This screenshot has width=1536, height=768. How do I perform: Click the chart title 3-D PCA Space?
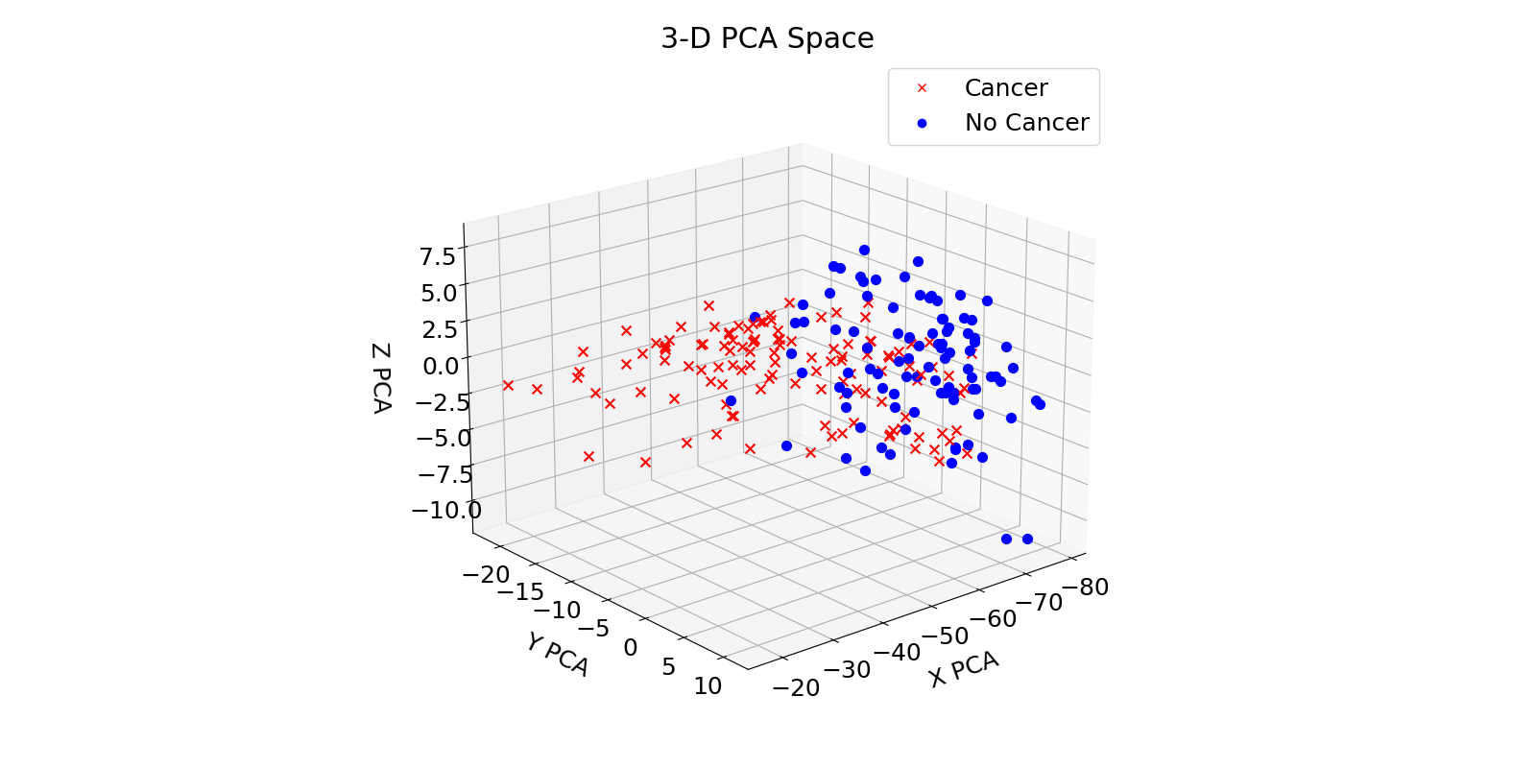(767, 38)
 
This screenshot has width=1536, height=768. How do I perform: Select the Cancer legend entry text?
(1005, 87)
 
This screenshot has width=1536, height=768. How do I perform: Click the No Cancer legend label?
(1026, 123)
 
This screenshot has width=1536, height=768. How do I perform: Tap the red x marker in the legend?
(922, 88)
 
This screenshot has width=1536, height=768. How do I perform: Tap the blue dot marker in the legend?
(922, 123)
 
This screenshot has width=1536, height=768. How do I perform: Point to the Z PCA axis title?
(380, 378)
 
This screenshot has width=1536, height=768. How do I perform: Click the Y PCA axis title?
(557, 654)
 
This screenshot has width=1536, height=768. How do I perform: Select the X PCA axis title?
(963, 669)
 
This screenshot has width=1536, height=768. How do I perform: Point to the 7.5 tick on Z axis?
(437, 255)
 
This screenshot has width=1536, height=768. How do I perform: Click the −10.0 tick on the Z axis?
(446, 510)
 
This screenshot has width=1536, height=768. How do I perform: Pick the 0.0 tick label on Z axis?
(441, 365)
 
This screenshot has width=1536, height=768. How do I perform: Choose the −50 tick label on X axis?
(946, 636)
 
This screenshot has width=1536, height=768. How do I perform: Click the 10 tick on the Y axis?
(708, 685)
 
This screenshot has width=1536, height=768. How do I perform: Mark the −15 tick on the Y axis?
(518, 591)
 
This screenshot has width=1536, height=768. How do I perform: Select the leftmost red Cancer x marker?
(508, 386)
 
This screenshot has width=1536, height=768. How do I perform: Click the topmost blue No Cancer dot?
(864, 250)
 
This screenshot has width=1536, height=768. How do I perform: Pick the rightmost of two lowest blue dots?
(1027, 539)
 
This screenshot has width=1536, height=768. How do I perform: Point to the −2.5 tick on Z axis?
(443, 400)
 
